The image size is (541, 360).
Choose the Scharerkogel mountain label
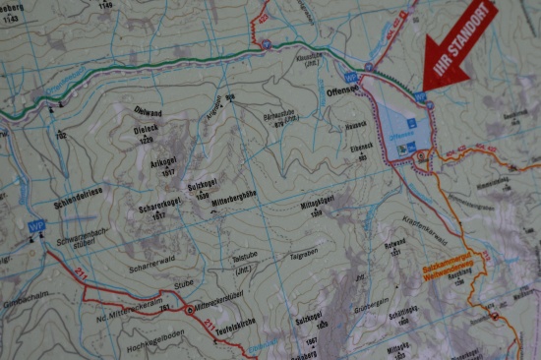pos(155,209)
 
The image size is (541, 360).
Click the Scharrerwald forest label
pos(150,267)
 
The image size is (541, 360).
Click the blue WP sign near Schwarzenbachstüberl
pos(36,225)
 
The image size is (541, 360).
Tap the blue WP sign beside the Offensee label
pos(349,76)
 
